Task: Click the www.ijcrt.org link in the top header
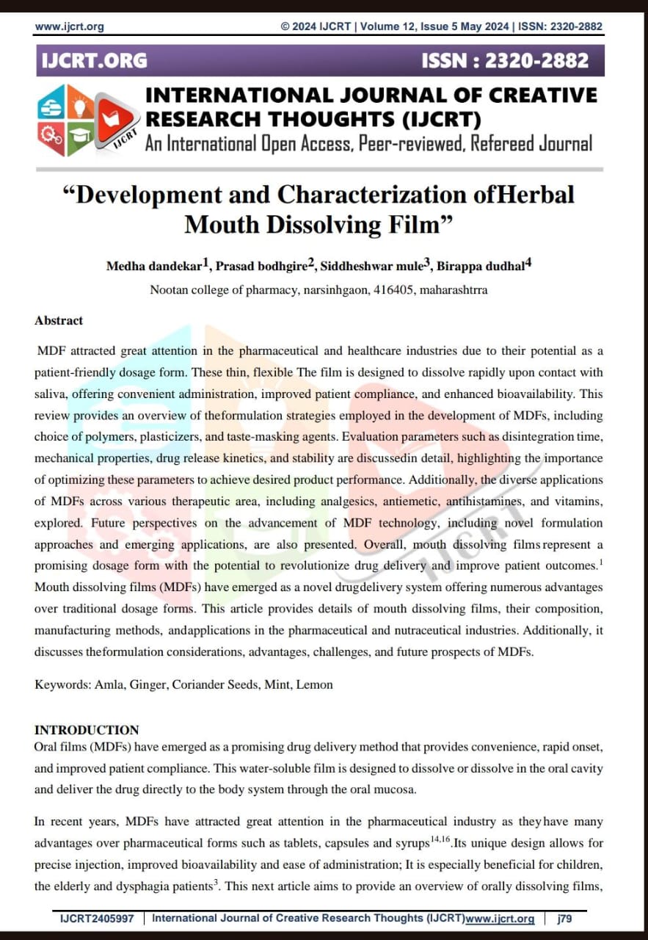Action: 70,26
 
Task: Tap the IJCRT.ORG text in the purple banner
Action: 93,60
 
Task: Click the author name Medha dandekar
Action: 153,266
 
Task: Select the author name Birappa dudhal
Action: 481,266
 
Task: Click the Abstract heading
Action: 59,320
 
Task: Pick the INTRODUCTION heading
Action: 87,730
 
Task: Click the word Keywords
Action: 62,684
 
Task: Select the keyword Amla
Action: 108,684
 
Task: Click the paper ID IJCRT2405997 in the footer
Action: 98,919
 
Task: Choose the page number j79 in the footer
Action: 564,919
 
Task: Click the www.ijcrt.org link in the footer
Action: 500,919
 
